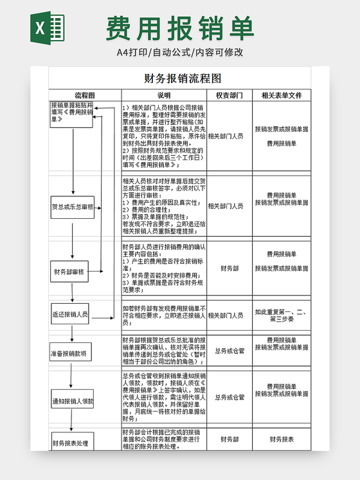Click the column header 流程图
85,95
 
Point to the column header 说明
164,95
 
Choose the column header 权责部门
229,95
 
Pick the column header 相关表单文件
282,95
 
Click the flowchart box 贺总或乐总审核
73,207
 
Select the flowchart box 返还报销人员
71,315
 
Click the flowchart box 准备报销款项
72,353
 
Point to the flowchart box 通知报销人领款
73,401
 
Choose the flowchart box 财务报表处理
71,443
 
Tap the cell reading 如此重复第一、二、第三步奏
282,315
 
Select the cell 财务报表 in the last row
282,439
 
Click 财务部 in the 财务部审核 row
230,268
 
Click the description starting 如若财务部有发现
164,315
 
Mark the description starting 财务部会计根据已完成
164,439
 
